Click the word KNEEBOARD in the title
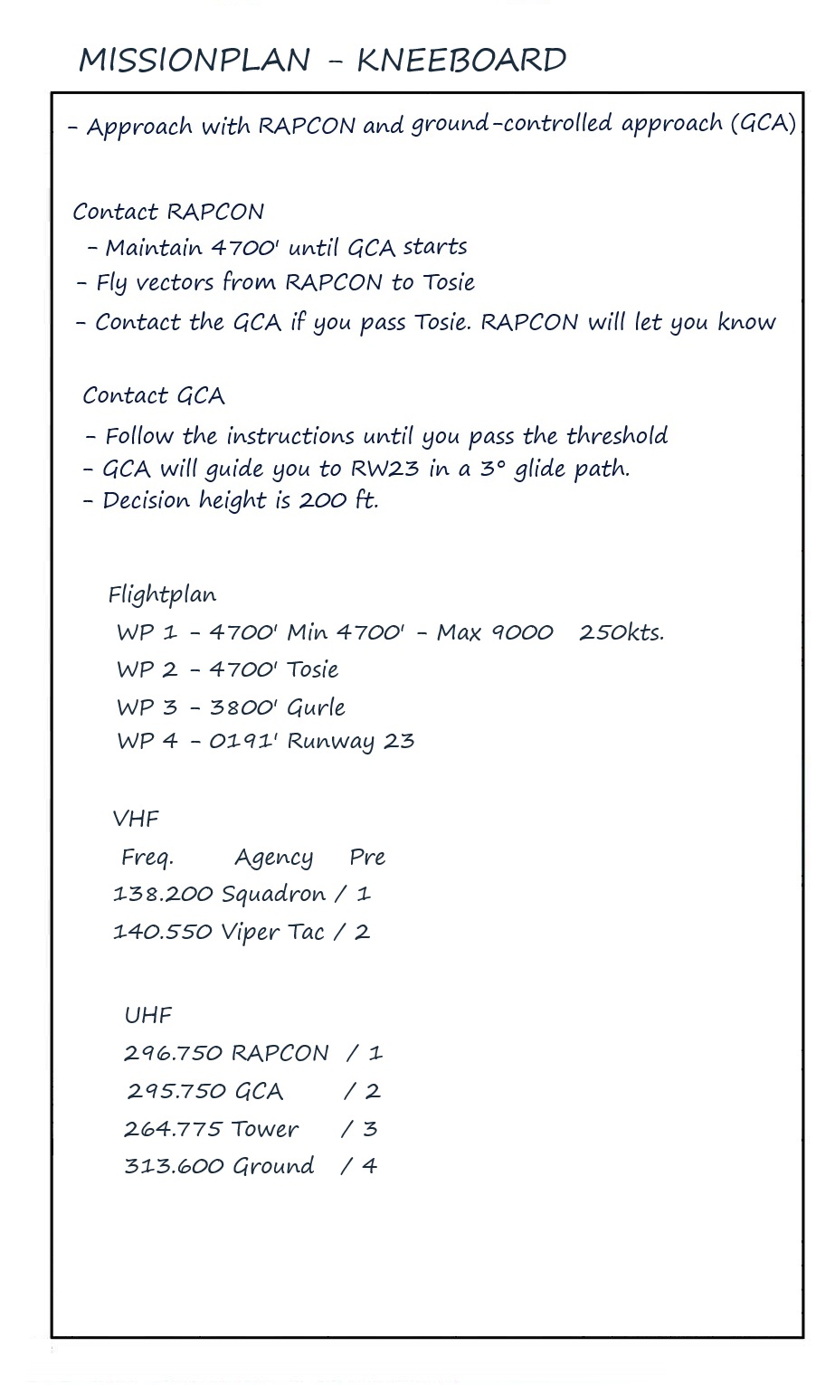[x=461, y=61]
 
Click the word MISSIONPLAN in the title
[x=195, y=61]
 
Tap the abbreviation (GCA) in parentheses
[x=763, y=123]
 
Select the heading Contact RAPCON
[x=168, y=212]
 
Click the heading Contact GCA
[x=154, y=396]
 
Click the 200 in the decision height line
[x=322, y=500]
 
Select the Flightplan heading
[x=162, y=595]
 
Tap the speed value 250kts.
[x=622, y=632]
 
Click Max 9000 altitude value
[x=495, y=632]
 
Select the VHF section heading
[x=136, y=820]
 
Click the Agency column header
[x=273, y=858]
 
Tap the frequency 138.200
[x=163, y=895]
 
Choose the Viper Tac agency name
[x=272, y=933]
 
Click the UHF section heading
[x=148, y=1016]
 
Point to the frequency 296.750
[x=174, y=1053]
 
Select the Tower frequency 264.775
[x=173, y=1129]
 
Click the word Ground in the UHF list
[x=273, y=1166]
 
